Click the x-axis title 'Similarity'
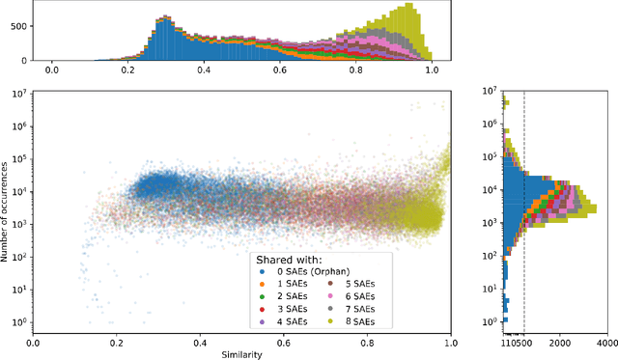click(x=241, y=353)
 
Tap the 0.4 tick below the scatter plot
click(x=200, y=342)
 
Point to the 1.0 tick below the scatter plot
click(x=450, y=342)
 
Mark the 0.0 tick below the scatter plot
click(x=34, y=342)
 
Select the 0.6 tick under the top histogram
click(x=279, y=69)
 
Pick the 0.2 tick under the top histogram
click(x=127, y=69)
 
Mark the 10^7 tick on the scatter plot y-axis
click(x=17, y=93)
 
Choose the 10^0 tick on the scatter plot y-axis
click(x=17, y=320)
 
